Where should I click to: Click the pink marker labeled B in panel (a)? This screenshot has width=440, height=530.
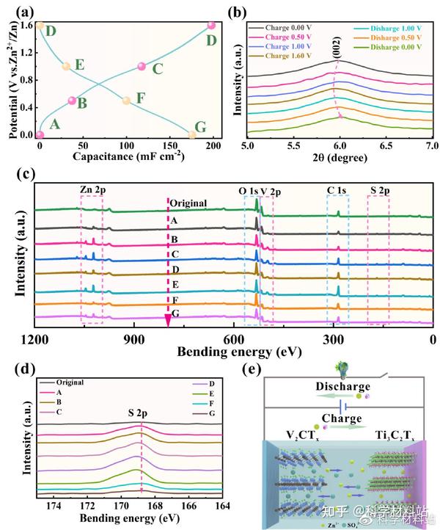coord(72,101)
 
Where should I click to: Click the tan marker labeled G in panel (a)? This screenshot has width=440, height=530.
coord(193,134)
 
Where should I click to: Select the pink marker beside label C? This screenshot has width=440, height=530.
coord(142,67)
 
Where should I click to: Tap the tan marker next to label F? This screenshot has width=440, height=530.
coord(126,101)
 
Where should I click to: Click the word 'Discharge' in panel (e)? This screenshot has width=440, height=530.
coord(337,386)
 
